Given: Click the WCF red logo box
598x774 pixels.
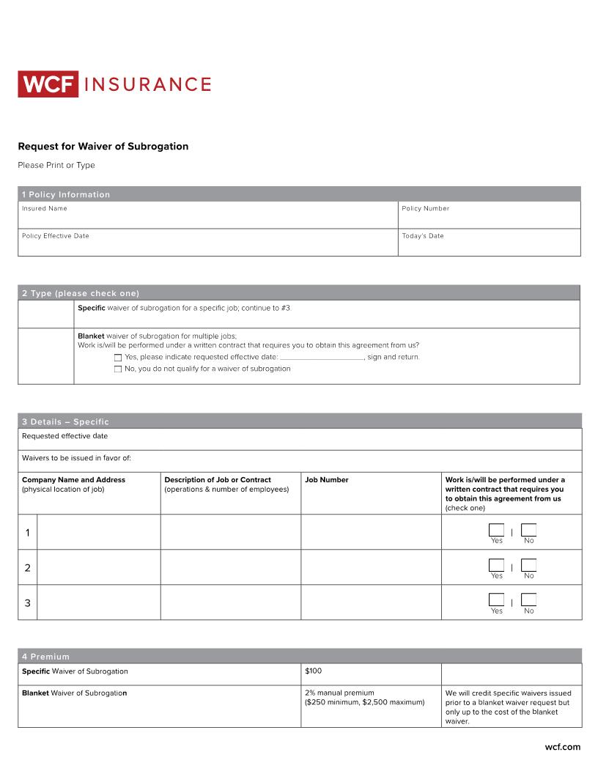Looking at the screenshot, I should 48,84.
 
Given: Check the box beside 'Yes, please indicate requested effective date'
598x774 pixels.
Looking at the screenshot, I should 118,358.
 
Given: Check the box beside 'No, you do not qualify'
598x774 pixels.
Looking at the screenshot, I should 118,369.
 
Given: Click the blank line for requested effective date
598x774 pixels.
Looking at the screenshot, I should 322,357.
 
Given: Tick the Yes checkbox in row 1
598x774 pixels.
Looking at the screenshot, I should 496,530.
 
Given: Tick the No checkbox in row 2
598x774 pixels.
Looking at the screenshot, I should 528,565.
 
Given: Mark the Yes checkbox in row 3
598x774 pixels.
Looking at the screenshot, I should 496,600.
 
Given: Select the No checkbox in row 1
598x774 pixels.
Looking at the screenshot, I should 528,530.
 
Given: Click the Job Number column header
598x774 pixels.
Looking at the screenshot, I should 327,480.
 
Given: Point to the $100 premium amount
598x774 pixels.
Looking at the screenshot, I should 313,671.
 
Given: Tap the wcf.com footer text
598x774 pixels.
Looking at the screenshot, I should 562,747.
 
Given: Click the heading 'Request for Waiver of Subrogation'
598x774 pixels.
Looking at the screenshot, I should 103,147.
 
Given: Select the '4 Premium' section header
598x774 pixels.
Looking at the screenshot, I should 45,657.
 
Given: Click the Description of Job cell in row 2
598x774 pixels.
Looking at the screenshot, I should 230,567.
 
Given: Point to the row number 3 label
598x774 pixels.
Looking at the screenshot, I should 28,603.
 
